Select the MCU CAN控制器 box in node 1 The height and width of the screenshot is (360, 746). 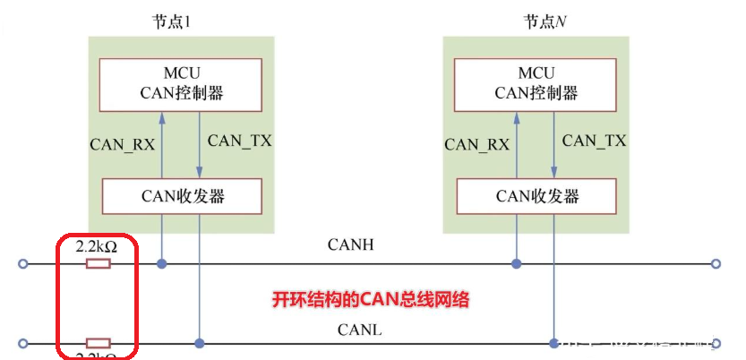click(x=180, y=82)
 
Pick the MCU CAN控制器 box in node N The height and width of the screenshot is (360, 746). click(x=536, y=82)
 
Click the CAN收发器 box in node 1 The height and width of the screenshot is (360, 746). click(x=182, y=195)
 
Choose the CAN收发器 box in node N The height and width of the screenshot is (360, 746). click(x=536, y=195)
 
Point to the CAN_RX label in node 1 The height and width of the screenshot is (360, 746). click(x=122, y=143)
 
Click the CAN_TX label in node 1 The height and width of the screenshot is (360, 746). click(x=239, y=141)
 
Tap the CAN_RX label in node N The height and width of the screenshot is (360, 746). click(x=477, y=143)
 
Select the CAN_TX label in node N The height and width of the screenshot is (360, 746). click(x=594, y=141)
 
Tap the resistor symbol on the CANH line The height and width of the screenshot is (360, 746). click(x=98, y=264)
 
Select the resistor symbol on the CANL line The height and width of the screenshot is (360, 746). click(x=98, y=343)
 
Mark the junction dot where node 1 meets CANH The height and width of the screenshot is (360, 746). click(x=162, y=264)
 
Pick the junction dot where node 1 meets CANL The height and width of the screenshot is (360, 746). click(x=200, y=343)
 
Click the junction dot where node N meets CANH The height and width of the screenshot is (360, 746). click(x=517, y=264)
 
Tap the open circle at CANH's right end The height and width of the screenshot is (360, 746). click(x=716, y=264)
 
